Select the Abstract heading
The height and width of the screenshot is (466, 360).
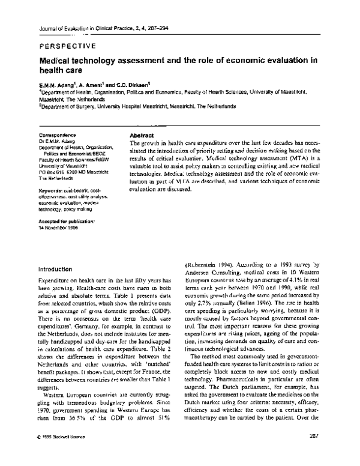[x=142, y=136]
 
